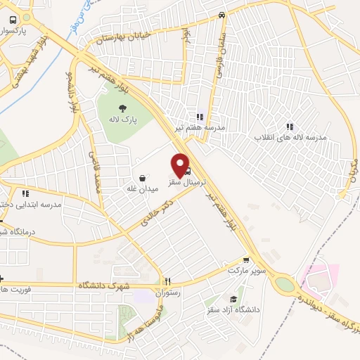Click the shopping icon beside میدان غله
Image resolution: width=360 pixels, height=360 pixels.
pyautogui.click(x=143, y=178)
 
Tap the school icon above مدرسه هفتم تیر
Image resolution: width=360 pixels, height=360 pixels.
pyautogui.click(x=199, y=117)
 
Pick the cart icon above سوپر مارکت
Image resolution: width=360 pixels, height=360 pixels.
pyautogui.click(x=246, y=259)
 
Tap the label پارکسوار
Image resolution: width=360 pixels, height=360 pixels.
pyautogui.click(x=30, y=32)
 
